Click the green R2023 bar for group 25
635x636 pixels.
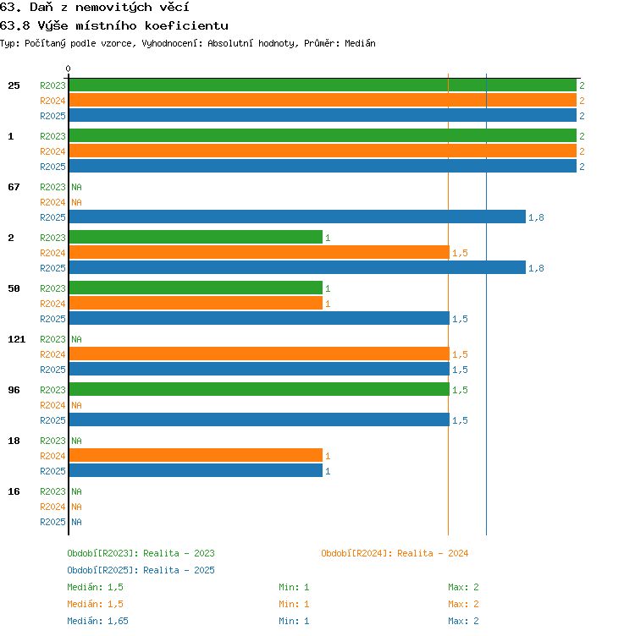point(323,85)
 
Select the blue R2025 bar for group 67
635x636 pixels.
point(298,217)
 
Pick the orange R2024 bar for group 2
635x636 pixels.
point(259,252)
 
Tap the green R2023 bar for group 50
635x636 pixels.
point(196,288)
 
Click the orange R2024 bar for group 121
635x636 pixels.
point(259,354)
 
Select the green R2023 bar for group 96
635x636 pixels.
point(259,389)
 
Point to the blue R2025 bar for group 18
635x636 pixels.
point(196,470)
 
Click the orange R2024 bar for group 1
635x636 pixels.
point(323,151)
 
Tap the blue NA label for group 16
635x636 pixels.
point(76,522)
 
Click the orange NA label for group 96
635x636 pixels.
point(76,405)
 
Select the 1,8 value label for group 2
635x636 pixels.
point(536,268)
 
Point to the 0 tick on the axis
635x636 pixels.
point(69,69)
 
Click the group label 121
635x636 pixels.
point(17,339)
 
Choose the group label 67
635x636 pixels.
point(14,187)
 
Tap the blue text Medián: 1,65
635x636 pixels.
point(97,621)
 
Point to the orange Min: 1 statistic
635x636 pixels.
point(294,604)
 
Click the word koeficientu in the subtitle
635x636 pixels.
point(186,26)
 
